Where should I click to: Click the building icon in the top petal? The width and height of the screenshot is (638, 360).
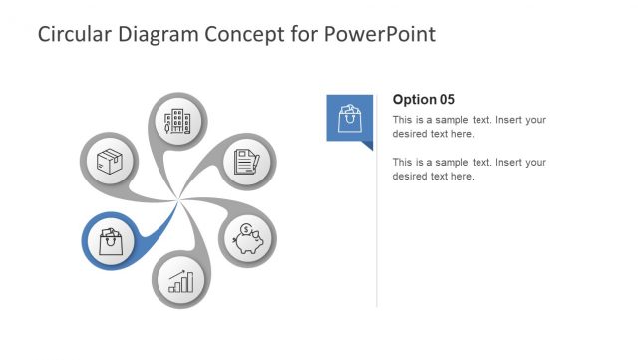click(x=178, y=122)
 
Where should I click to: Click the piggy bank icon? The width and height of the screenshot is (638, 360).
click(x=247, y=240)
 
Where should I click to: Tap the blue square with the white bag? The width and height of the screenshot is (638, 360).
click(x=349, y=118)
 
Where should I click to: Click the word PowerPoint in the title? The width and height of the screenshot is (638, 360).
click(x=380, y=35)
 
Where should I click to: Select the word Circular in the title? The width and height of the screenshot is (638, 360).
click(x=72, y=35)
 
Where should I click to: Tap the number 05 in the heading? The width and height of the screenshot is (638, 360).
click(x=446, y=99)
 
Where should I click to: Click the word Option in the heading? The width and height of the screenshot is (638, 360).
click(x=414, y=99)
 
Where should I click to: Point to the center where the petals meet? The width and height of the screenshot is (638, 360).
click(x=178, y=201)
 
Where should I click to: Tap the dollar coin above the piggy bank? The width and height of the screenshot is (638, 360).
click(x=245, y=229)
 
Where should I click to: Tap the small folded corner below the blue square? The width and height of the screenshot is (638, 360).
click(x=367, y=146)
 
